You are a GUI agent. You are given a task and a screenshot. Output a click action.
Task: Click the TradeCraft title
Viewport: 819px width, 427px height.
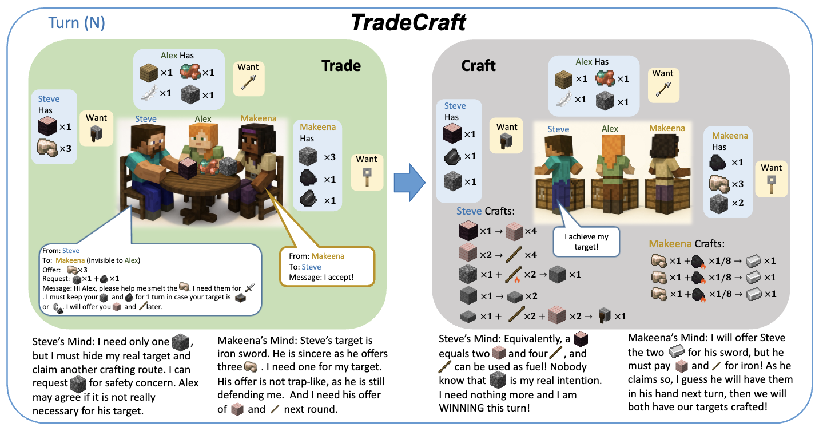(408, 22)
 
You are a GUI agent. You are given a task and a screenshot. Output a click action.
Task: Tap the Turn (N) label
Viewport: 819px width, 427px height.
(77, 23)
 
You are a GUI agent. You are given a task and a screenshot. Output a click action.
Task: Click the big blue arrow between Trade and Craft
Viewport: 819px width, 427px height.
(409, 182)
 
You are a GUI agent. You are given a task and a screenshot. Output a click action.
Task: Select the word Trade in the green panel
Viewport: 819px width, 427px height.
(341, 65)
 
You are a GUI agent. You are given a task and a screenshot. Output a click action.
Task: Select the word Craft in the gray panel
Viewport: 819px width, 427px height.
(478, 66)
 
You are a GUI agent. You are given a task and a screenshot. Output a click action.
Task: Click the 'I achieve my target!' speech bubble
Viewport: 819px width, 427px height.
(586, 242)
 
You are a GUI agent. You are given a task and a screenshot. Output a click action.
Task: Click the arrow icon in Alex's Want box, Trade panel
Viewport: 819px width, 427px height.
(249, 82)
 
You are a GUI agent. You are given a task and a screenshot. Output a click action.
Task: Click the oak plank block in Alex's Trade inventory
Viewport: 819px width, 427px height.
(149, 73)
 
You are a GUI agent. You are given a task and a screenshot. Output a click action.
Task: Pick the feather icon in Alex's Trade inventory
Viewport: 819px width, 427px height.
(149, 93)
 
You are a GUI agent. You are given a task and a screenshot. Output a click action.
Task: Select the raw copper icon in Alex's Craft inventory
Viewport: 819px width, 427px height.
(605, 78)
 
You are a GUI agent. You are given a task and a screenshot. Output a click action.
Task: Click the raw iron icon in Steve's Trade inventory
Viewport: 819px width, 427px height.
(47, 148)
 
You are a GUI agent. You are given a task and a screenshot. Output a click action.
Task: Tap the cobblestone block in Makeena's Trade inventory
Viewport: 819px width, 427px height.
(308, 157)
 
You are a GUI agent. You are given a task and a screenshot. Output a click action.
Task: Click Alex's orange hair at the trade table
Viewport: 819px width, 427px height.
(203, 131)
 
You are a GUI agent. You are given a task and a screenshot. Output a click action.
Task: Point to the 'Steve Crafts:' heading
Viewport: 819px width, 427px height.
(485, 211)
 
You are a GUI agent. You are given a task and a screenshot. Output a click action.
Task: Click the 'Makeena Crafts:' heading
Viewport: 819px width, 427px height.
(687, 244)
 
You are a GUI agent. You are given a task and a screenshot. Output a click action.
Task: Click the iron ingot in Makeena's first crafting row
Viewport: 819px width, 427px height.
(753, 261)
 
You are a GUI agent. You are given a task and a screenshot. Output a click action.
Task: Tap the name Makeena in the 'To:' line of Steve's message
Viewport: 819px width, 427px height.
(70, 260)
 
